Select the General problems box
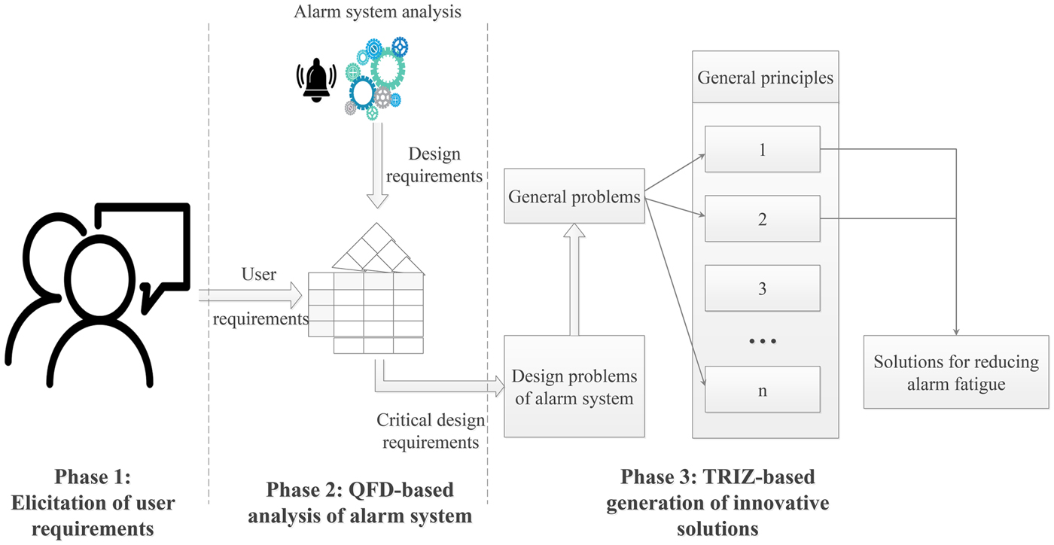tap(574, 197)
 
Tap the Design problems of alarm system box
tap(574, 386)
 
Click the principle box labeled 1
tap(762, 150)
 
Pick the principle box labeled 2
tap(762, 220)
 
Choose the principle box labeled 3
tap(762, 288)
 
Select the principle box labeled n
tap(762, 390)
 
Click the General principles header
tap(765, 78)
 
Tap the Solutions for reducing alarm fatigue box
tap(955, 373)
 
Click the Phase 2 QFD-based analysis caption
tap(360, 503)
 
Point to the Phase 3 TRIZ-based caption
tap(717, 503)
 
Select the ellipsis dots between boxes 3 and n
tap(762, 341)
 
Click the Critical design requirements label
tap(431, 431)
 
